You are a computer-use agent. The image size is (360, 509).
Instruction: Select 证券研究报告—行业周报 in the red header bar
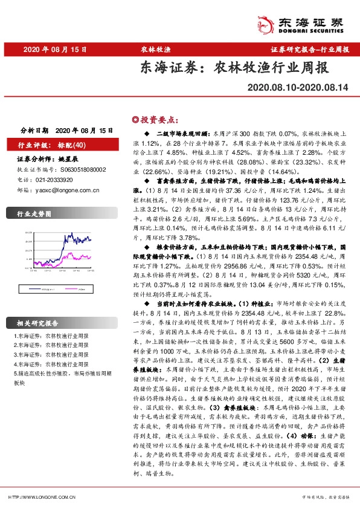(x=310, y=49)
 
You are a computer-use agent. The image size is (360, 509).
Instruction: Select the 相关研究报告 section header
(x=37, y=322)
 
